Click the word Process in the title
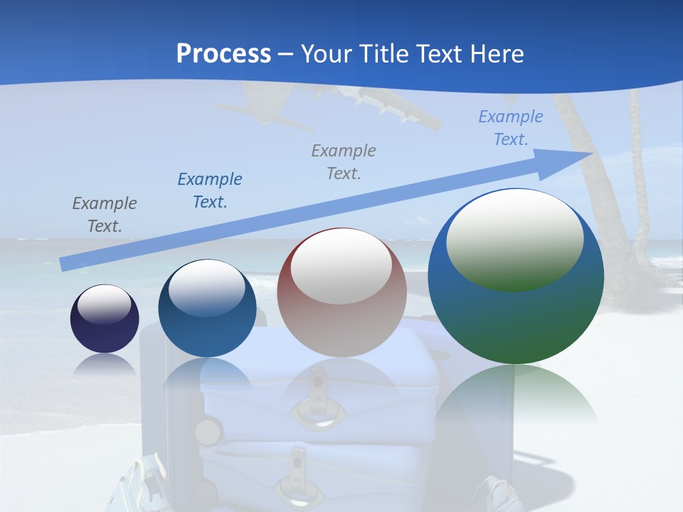pos(223,54)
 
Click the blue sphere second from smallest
pos(207,309)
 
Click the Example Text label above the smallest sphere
pos(105,215)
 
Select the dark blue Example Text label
pos(210,191)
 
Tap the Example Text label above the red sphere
pos(344,162)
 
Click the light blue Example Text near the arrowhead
pos(510,128)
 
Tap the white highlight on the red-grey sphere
pos(341,265)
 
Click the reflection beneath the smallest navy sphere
pos(105,364)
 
